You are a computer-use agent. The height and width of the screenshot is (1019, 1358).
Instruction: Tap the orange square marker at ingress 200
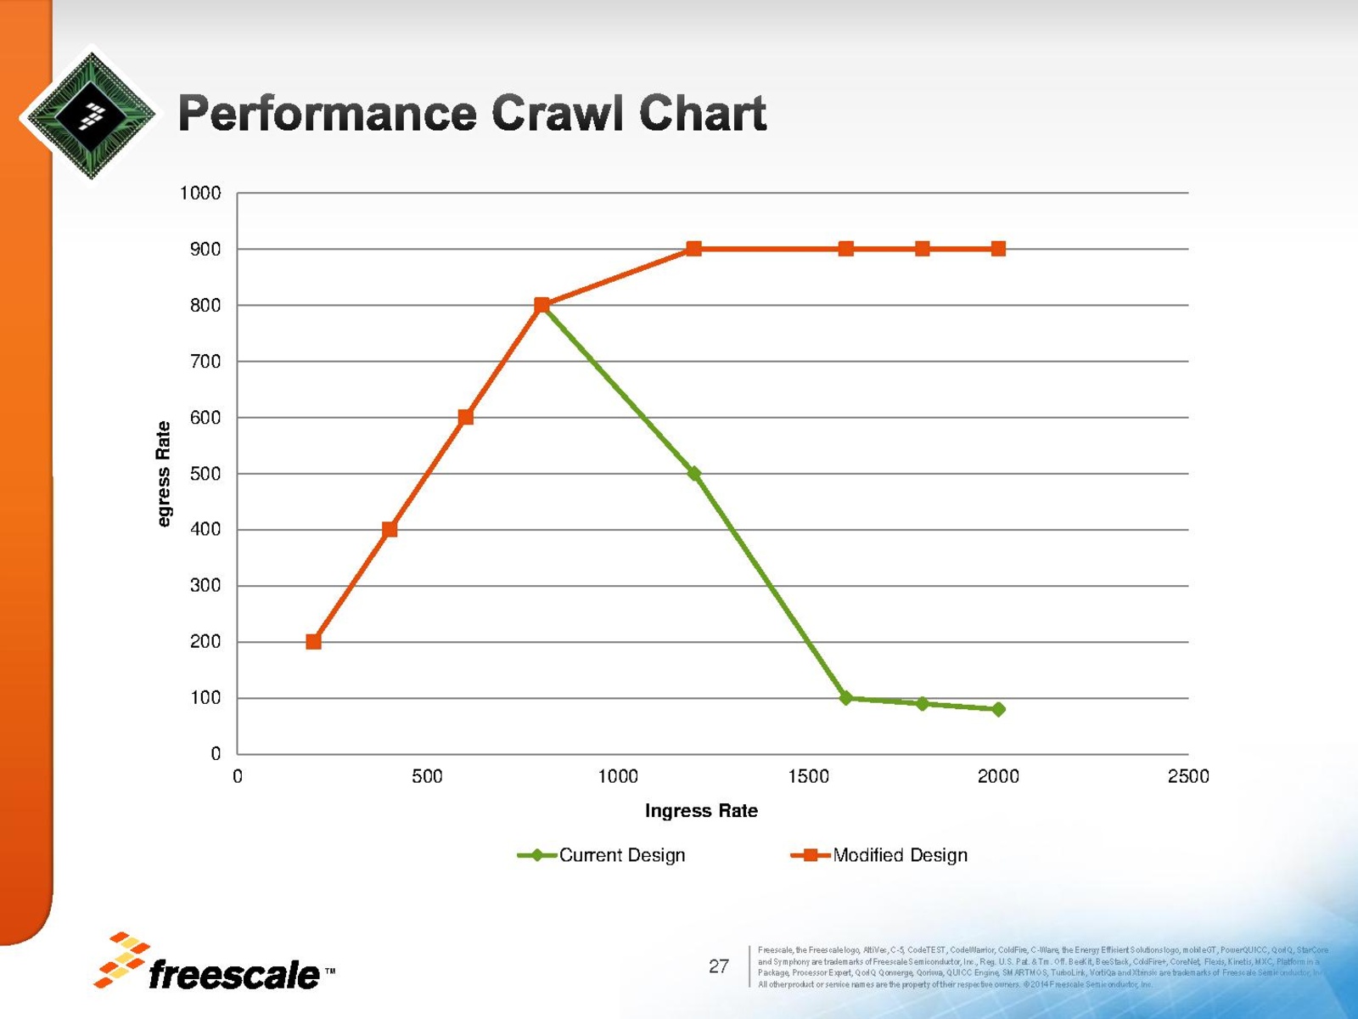[x=313, y=641]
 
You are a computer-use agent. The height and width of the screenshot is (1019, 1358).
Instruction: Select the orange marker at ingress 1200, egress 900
[x=693, y=249]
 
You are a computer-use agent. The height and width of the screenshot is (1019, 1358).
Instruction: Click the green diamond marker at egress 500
[x=693, y=473]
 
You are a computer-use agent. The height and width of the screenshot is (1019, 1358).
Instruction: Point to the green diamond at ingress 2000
[x=998, y=709]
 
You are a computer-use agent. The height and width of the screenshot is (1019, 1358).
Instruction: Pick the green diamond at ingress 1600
[x=845, y=697]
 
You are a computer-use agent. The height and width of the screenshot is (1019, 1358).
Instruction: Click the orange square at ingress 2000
[x=998, y=249]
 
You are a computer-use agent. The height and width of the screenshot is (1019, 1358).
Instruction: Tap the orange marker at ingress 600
[x=465, y=417]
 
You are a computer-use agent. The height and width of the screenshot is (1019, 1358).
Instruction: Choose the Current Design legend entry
[x=603, y=855]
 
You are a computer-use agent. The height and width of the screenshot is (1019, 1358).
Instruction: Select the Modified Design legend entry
[x=880, y=855]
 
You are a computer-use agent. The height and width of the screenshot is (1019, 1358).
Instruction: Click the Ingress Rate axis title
[x=701, y=811]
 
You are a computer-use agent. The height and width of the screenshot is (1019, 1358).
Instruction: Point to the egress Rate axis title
[x=164, y=474]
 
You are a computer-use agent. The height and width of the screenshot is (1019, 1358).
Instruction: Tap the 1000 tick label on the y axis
[x=200, y=193]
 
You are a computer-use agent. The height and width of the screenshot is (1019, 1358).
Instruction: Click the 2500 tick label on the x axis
[x=1188, y=776]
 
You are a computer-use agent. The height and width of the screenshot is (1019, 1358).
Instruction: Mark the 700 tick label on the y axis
[x=205, y=361]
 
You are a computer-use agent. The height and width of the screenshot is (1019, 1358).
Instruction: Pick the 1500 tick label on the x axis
[x=808, y=776]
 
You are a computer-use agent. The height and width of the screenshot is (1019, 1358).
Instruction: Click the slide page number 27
[x=719, y=966]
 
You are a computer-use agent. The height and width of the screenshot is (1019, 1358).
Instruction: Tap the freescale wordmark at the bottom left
[x=233, y=975]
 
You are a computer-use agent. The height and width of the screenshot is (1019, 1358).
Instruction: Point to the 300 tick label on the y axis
[x=205, y=585]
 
